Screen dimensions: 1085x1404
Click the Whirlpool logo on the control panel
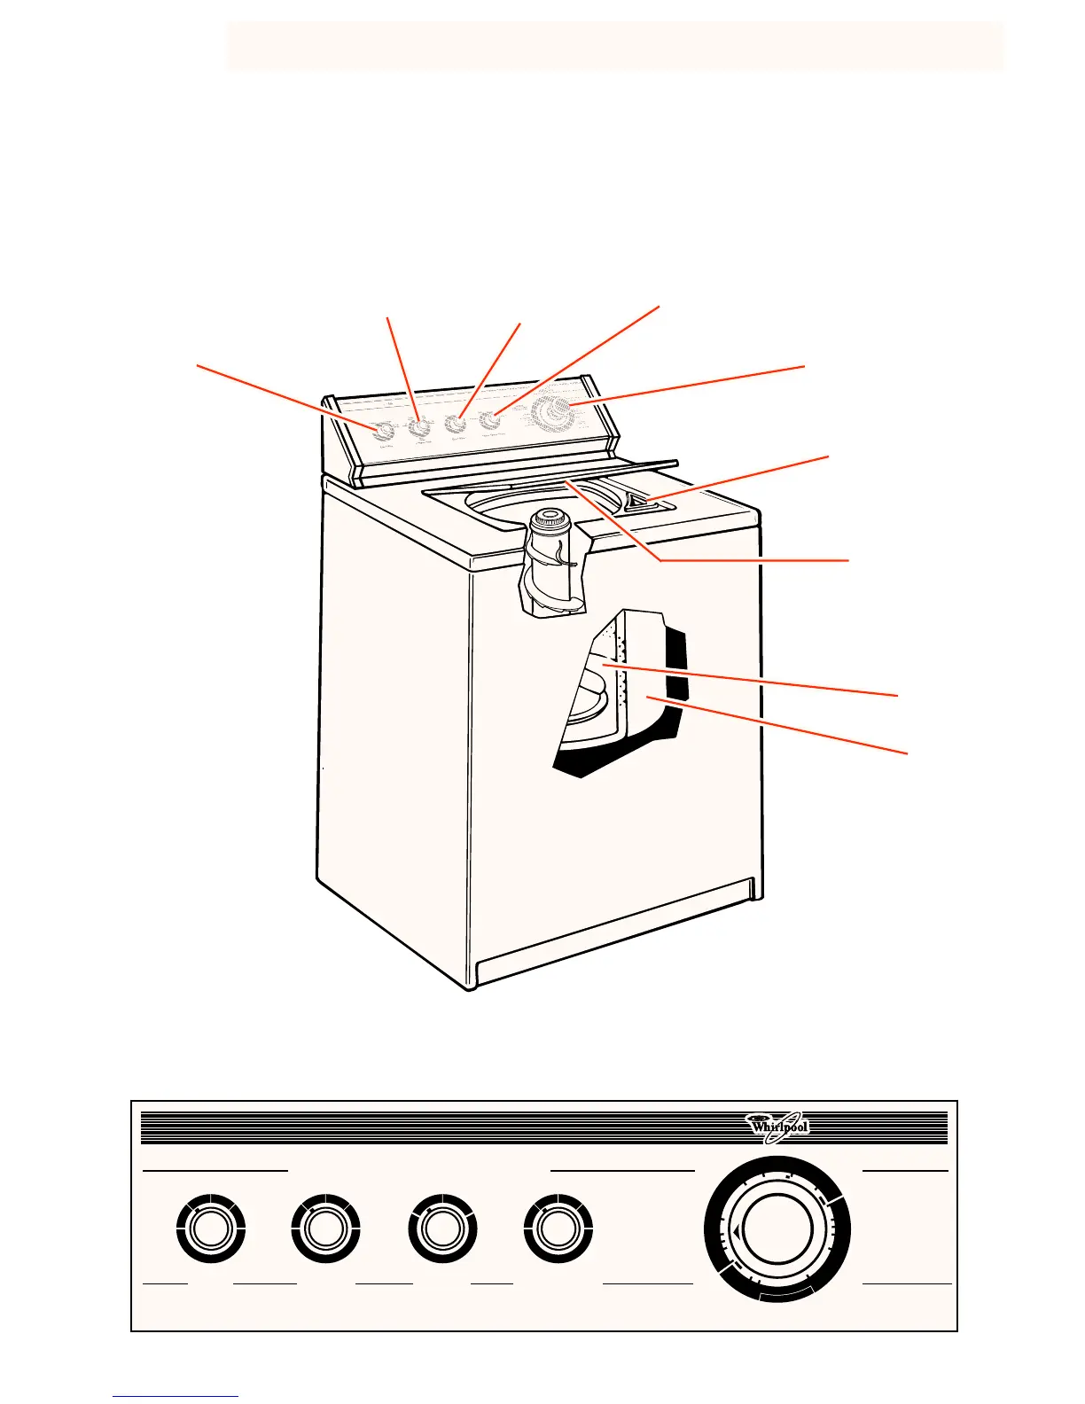click(x=778, y=1127)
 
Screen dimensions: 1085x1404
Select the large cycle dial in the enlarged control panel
click(x=777, y=1231)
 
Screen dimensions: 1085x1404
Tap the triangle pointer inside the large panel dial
click(x=736, y=1232)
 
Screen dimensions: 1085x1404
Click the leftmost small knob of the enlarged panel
click(x=211, y=1229)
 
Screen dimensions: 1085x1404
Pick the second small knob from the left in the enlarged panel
click(x=325, y=1229)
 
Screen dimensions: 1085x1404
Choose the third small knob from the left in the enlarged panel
click(x=442, y=1229)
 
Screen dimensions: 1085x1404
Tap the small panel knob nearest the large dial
click(x=558, y=1229)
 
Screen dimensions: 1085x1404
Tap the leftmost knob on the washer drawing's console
click(x=383, y=432)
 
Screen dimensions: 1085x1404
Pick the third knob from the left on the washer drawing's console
click(x=457, y=424)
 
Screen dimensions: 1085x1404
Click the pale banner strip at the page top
click(x=615, y=46)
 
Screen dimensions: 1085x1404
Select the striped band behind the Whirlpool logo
click(x=443, y=1127)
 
